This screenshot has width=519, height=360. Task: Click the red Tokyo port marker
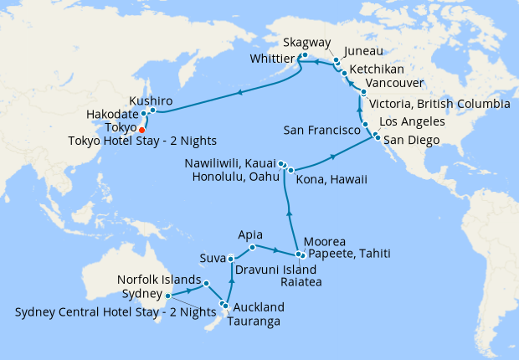click(x=141, y=130)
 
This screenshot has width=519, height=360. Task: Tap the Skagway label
click(x=306, y=42)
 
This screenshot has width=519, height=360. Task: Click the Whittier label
click(x=271, y=59)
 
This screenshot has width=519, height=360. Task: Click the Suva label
click(x=213, y=257)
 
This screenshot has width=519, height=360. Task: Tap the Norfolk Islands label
click(x=158, y=280)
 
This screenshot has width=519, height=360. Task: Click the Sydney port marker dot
click(x=168, y=295)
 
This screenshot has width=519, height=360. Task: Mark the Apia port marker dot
click(x=253, y=247)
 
